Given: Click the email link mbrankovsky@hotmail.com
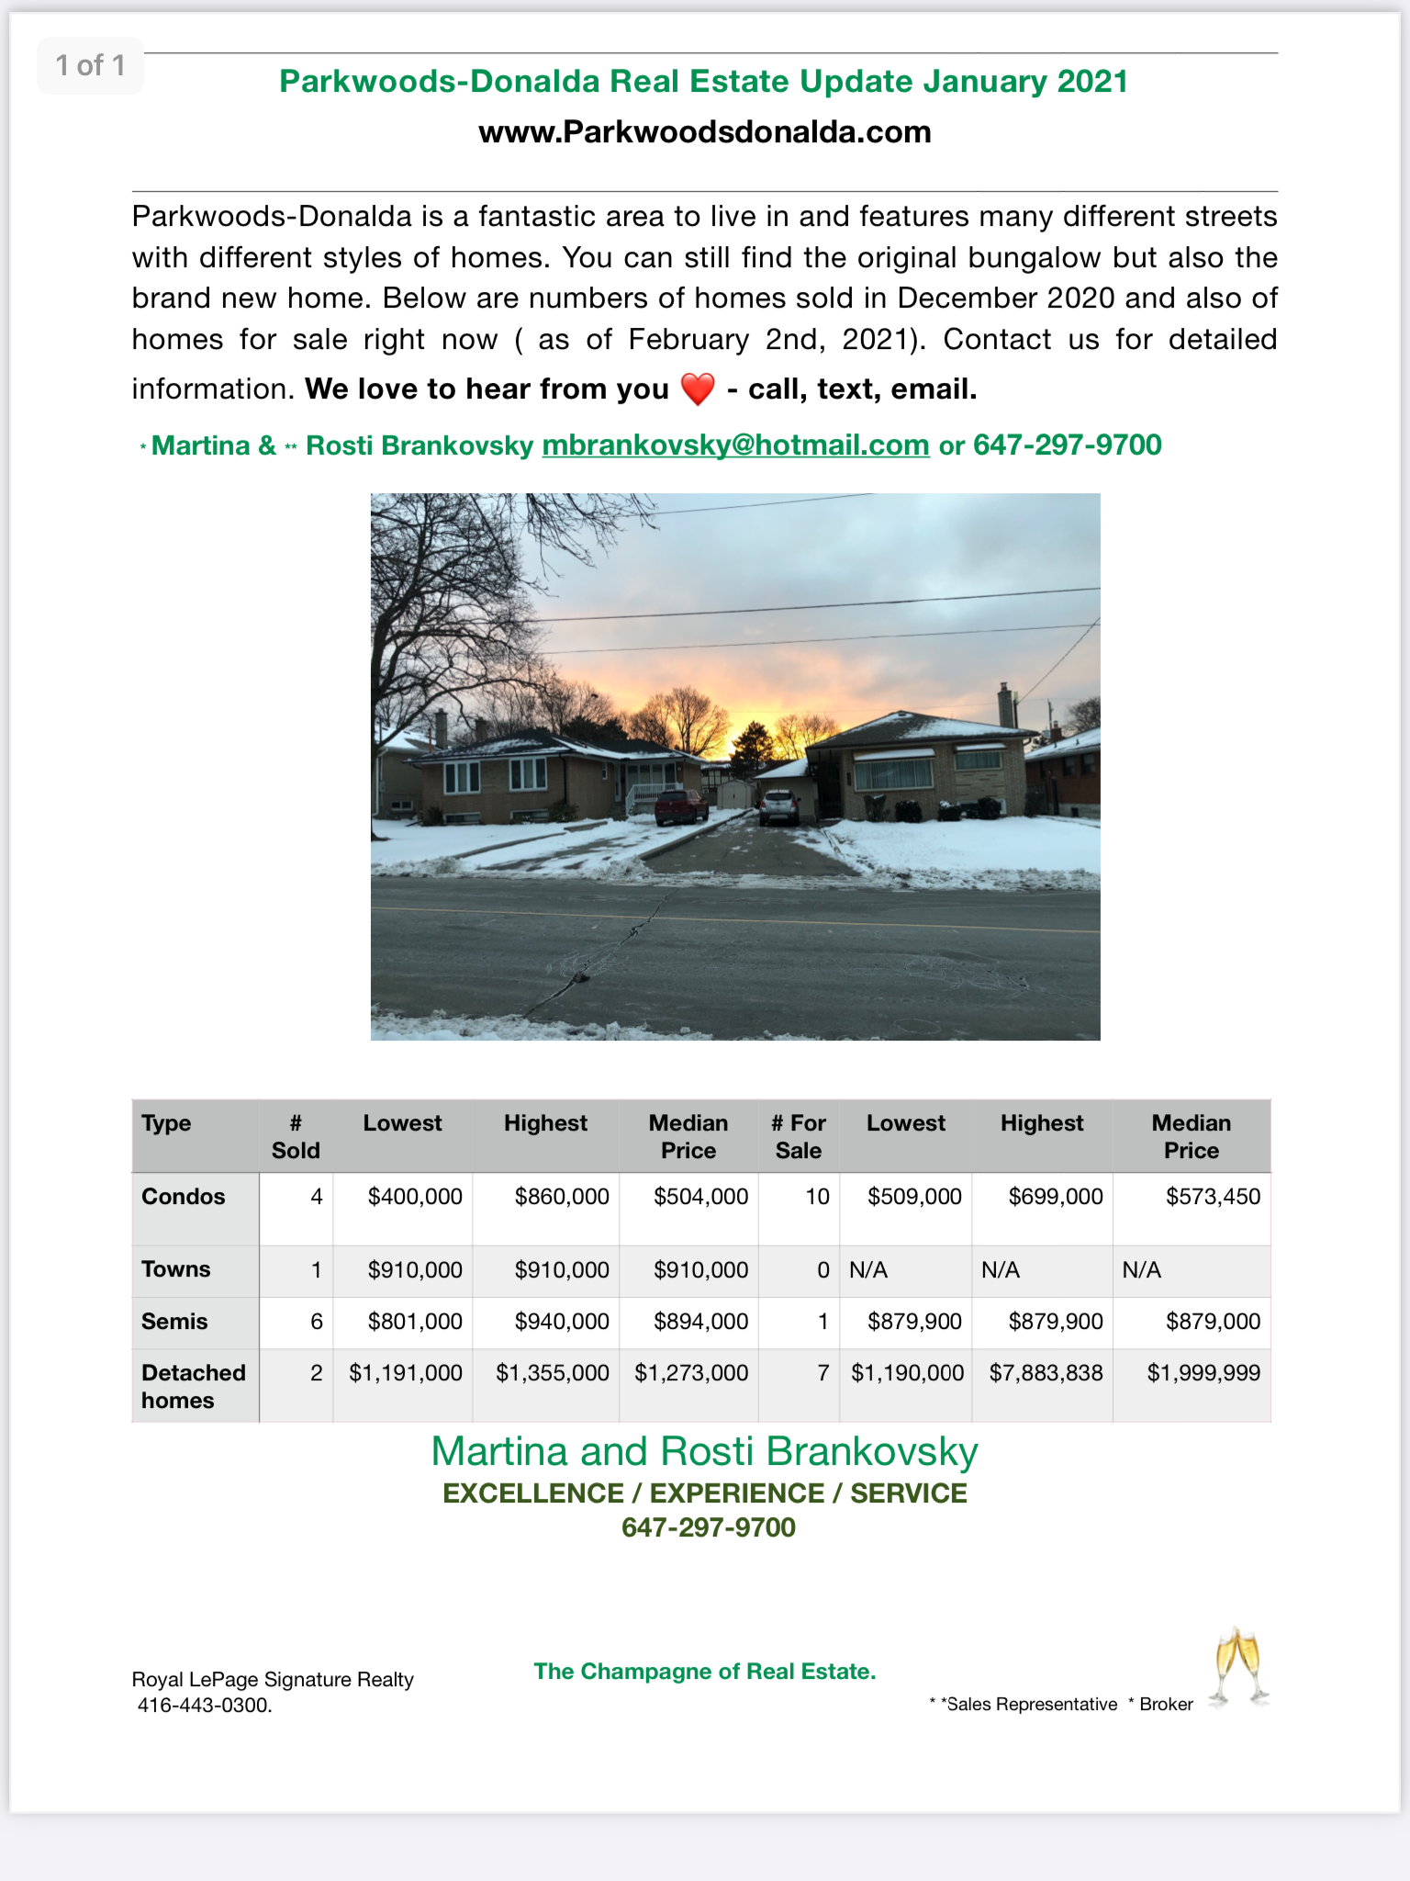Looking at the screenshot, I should [x=735, y=445].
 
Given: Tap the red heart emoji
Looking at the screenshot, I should [x=698, y=389].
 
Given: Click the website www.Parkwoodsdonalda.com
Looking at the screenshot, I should [x=704, y=132].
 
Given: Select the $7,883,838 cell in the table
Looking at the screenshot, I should [x=1046, y=1373].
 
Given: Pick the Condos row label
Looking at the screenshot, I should [x=184, y=1197].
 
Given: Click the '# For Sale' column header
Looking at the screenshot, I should [x=799, y=1136].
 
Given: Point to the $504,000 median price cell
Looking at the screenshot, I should [x=700, y=1197].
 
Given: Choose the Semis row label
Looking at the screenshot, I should [x=174, y=1322].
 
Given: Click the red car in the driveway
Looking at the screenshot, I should [x=680, y=805].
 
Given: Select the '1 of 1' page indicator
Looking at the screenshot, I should [x=90, y=65].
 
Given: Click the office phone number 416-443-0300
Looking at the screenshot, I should [x=205, y=1706].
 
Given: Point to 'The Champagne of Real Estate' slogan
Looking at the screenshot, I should [x=704, y=1672].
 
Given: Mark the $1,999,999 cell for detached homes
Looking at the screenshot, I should [x=1203, y=1373].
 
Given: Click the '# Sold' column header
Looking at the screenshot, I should [x=296, y=1136].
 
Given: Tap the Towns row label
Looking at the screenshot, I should [x=175, y=1269].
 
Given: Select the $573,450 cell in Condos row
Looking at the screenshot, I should [x=1213, y=1197].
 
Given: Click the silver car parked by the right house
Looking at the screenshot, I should [x=778, y=807].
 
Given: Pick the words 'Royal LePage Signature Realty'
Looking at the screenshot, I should [x=273, y=1680].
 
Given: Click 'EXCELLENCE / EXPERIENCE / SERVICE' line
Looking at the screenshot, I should [x=704, y=1493].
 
